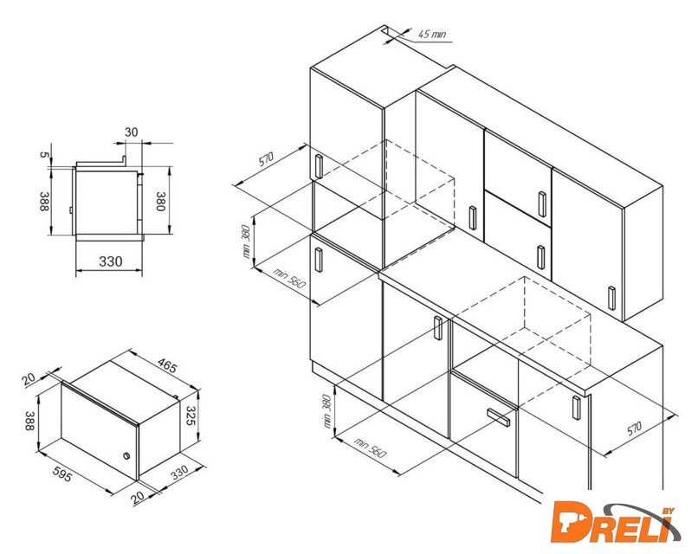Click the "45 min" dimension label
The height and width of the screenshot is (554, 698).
point(431,34)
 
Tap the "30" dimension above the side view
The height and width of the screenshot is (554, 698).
point(132,132)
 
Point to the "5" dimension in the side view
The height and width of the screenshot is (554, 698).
point(43,154)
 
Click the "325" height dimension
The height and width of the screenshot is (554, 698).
point(191,415)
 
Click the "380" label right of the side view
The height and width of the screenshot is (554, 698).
point(160,202)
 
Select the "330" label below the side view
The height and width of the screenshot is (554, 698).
point(110,261)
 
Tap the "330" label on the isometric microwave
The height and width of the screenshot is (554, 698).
point(180,473)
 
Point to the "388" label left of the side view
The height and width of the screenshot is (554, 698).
point(43,202)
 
